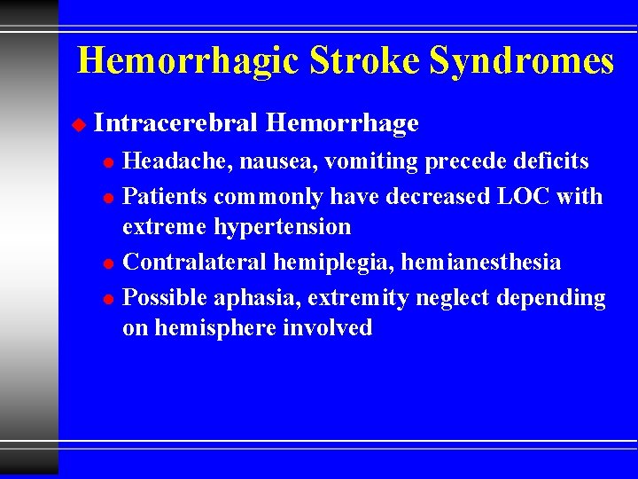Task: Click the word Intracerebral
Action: [x=175, y=124]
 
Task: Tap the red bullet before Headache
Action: [x=107, y=163]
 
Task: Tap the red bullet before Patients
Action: [x=107, y=197]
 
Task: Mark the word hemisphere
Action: [x=215, y=328]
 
